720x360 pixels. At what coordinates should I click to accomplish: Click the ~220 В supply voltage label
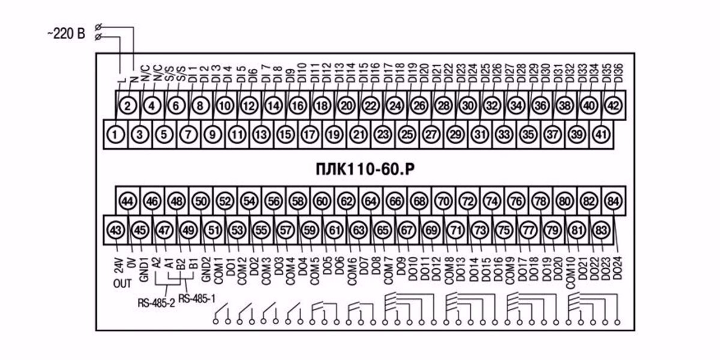[67, 34]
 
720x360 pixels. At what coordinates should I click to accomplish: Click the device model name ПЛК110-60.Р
[365, 169]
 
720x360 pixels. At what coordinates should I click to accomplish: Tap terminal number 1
[115, 134]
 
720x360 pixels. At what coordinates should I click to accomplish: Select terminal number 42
[613, 106]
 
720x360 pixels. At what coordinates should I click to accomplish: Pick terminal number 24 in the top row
[395, 106]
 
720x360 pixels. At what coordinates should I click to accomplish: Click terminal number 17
[310, 134]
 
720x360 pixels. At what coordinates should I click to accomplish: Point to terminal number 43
[116, 230]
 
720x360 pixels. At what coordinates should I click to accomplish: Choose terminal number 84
[613, 201]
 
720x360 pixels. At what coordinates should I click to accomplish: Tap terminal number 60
[322, 201]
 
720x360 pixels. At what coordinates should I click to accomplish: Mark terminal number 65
[383, 230]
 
